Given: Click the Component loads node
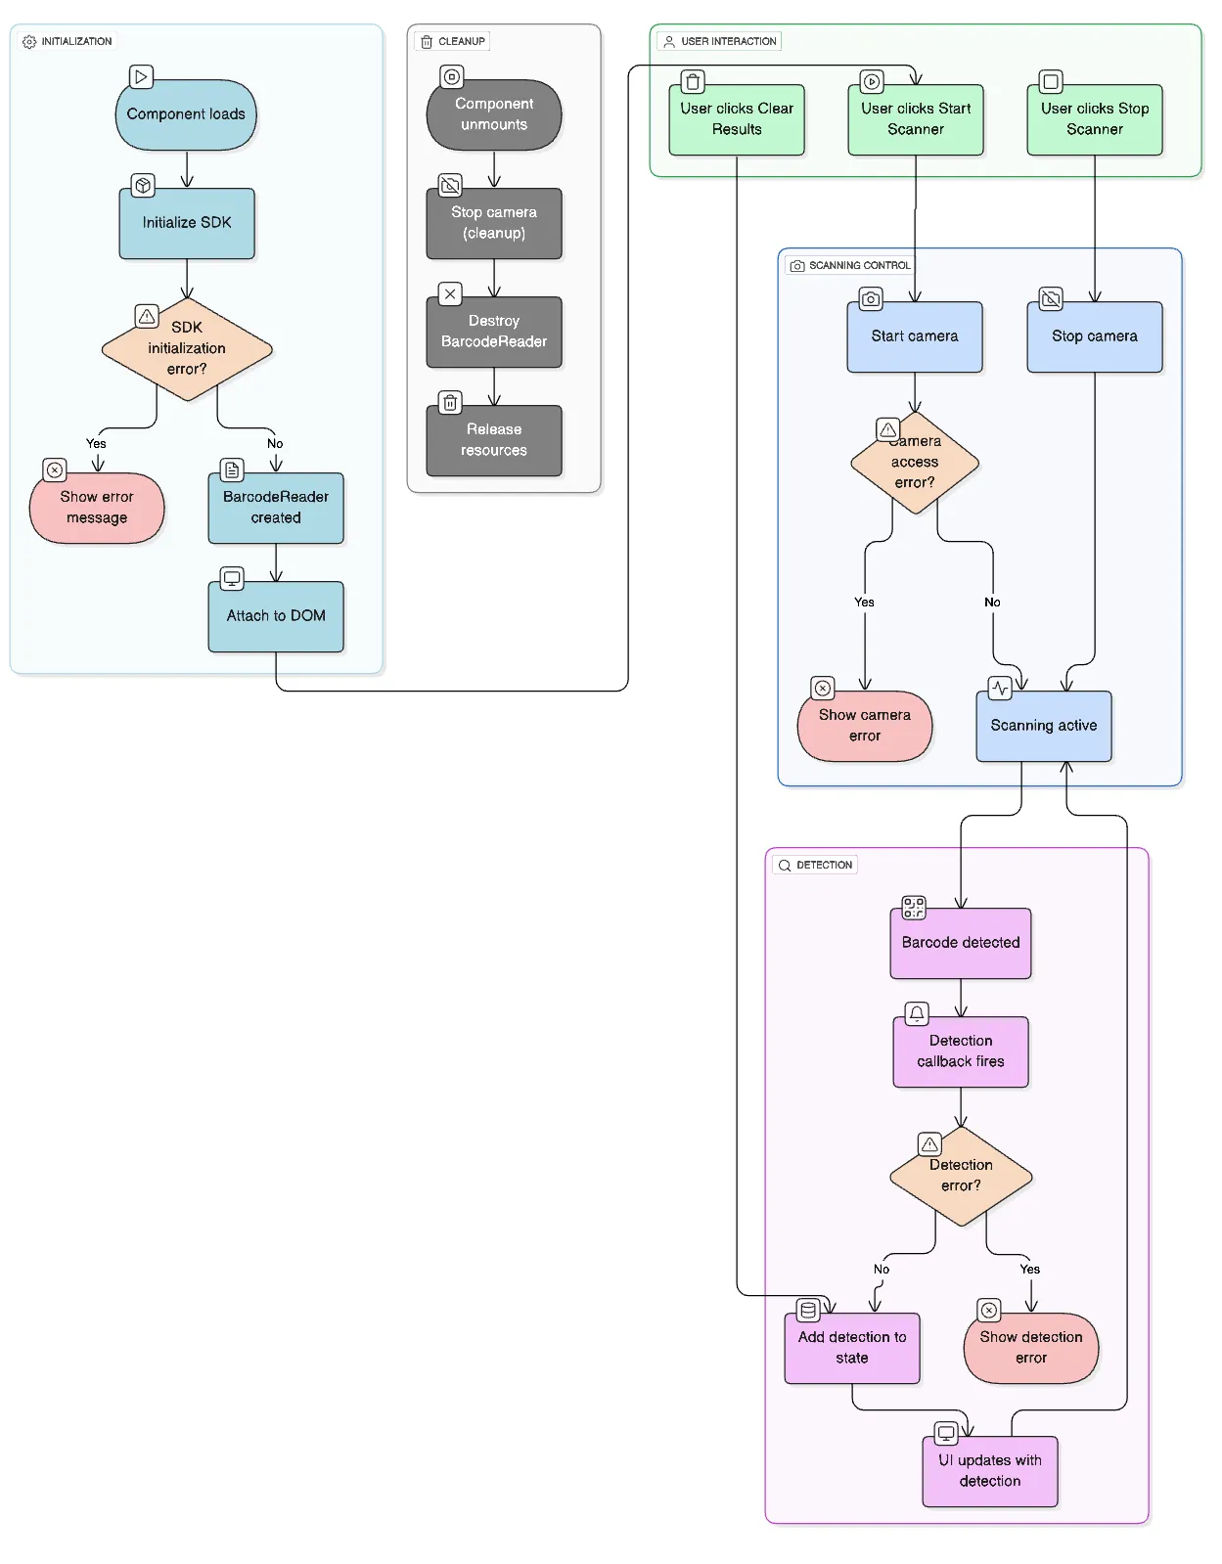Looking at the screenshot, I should pyautogui.click(x=186, y=114).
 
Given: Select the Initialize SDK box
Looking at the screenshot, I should pyautogui.click(x=187, y=223).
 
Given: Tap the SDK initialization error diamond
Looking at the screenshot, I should pyautogui.click(x=187, y=349).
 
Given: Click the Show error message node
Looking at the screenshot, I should pyautogui.click(x=97, y=508).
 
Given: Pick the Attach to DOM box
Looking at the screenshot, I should pyautogui.click(x=276, y=616).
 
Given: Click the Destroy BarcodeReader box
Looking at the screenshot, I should pyautogui.click(x=494, y=332).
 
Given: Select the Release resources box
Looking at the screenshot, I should pyautogui.click(x=494, y=440).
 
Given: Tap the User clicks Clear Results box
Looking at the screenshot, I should pyautogui.click(x=737, y=119).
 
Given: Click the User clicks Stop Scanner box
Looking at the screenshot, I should pyautogui.click(x=1095, y=119).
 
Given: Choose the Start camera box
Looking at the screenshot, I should pyautogui.click(x=915, y=336).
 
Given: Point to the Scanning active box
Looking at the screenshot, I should pyautogui.click(x=1044, y=726).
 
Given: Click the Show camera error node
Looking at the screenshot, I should pyautogui.click(x=865, y=726).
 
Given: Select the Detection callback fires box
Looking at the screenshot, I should pyautogui.click(x=961, y=1051).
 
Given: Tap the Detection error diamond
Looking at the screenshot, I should pyautogui.click(x=961, y=1176).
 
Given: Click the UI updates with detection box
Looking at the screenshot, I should pyautogui.click(x=990, y=1471).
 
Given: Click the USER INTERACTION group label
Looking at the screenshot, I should pyautogui.click(x=729, y=41).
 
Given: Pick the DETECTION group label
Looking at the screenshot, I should pyautogui.click(x=824, y=865).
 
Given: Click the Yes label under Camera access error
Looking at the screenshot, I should pyautogui.click(x=864, y=603).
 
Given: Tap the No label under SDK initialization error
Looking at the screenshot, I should pyautogui.click(x=275, y=444).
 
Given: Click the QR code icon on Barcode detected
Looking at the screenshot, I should pyautogui.click(x=914, y=908).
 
